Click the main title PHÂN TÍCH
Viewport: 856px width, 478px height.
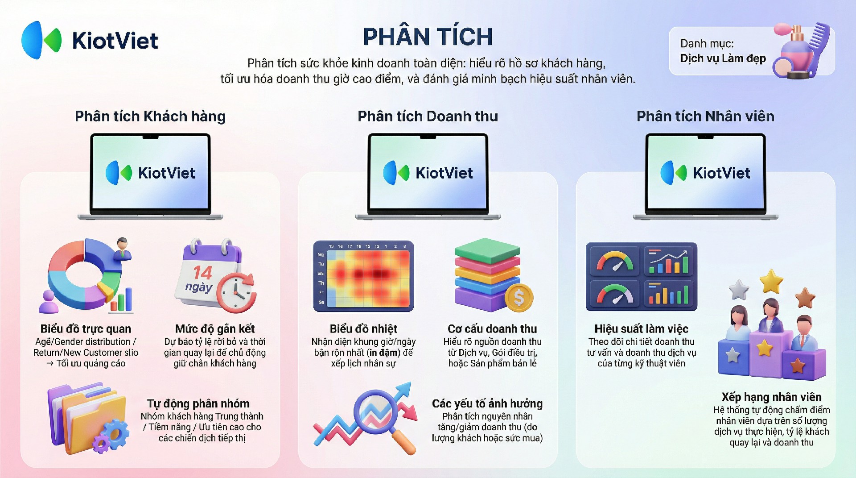point(428,37)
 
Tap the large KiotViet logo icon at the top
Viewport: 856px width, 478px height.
point(41,40)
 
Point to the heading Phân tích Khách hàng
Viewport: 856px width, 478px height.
point(150,116)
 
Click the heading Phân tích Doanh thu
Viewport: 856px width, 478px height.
point(428,116)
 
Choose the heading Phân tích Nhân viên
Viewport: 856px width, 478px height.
point(705,116)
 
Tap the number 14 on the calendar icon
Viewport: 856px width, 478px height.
point(202,272)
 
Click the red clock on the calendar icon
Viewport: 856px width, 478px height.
point(236,293)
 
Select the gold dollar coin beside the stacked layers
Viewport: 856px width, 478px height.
point(519,297)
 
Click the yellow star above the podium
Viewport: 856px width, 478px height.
point(771,282)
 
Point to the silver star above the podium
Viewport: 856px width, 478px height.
point(739,290)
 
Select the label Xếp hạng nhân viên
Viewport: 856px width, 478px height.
point(771,397)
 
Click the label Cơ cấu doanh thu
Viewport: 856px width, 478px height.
point(492,329)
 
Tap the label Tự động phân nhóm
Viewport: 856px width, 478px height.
point(198,403)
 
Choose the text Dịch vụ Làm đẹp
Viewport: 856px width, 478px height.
point(723,58)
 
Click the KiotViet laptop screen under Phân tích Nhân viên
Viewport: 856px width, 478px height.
point(705,172)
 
